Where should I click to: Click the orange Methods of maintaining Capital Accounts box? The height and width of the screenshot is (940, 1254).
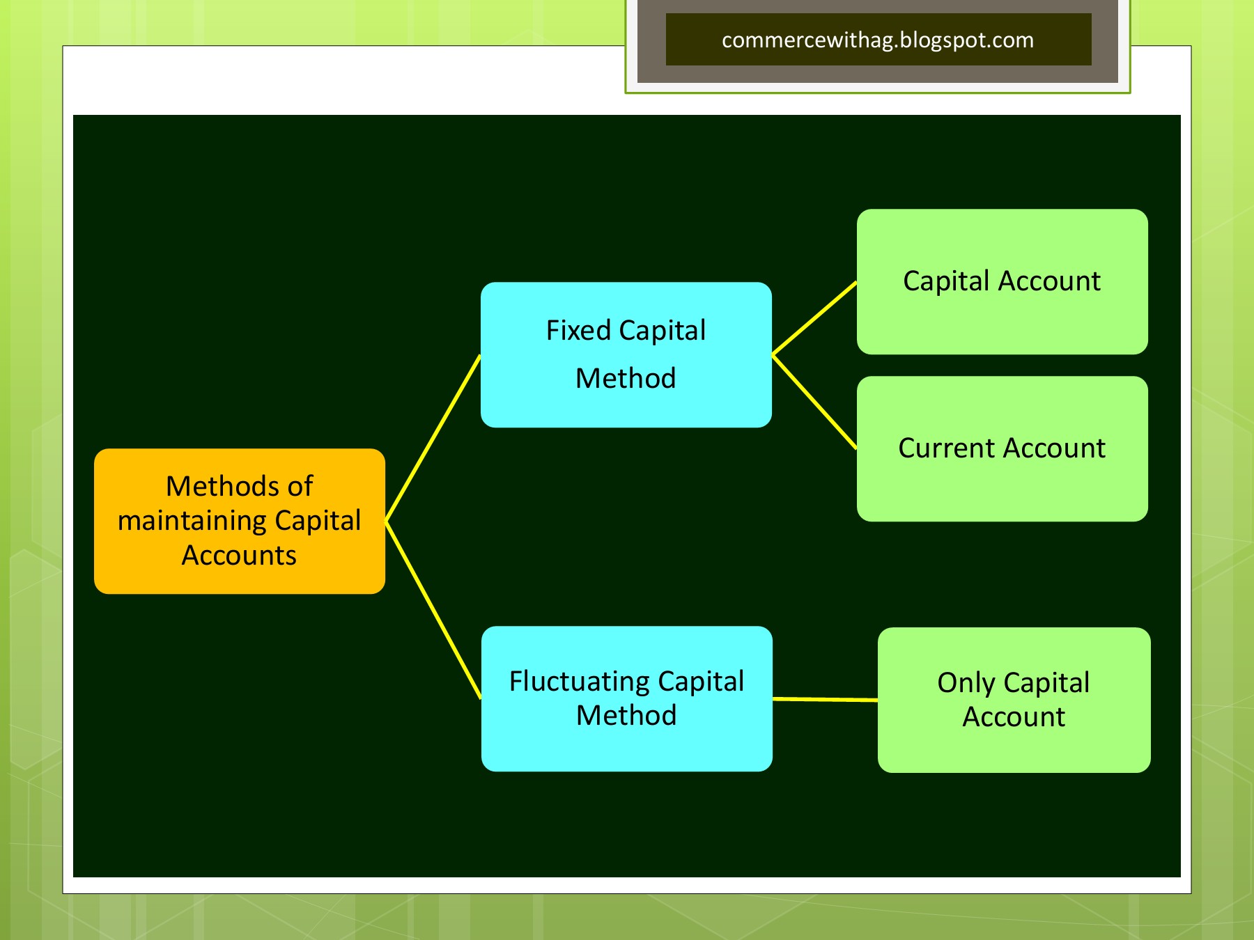(239, 521)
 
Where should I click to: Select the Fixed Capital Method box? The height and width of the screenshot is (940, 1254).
(626, 354)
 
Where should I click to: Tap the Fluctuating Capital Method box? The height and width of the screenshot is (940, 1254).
(626, 698)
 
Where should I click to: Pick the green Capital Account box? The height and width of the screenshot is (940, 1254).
(1002, 281)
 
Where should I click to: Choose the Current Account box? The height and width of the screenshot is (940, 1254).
(1002, 448)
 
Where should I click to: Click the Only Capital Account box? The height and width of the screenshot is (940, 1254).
(1014, 700)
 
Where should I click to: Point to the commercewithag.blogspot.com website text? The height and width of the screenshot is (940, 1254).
(878, 40)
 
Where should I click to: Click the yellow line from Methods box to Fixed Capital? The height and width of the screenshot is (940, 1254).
(433, 438)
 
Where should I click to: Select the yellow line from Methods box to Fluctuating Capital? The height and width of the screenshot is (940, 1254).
(433, 609)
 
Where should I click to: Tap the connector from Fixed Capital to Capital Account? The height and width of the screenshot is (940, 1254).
(814, 318)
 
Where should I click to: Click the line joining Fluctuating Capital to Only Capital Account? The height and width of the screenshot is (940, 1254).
(825, 699)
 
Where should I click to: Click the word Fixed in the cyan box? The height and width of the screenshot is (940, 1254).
(578, 330)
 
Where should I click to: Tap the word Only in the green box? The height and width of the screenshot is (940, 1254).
(966, 683)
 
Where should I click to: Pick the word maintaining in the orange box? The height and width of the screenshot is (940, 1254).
(192, 521)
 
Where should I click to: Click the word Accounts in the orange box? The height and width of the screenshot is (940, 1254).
(239, 556)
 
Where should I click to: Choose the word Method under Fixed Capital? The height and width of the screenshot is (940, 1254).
(626, 378)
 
